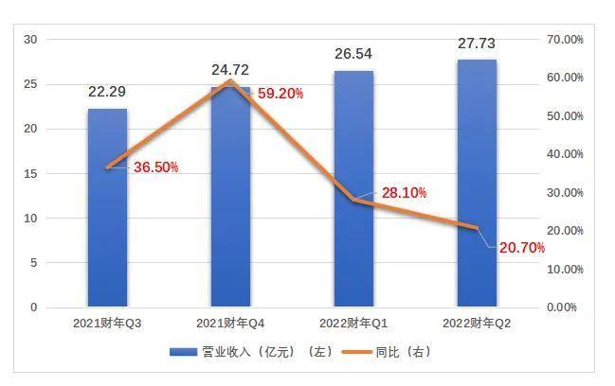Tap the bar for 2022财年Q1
coord(353,189)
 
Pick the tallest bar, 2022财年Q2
coord(477,184)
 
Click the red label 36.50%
coord(155,167)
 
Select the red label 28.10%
coord(404,192)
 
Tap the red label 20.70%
coord(522,248)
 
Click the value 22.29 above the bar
coord(107,92)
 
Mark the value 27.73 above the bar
coord(476,43)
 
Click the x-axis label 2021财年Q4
coord(230,324)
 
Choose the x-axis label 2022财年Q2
coord(477,324)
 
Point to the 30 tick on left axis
coord(30,39)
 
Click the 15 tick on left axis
coord(30,173)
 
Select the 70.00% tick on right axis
coord(565,39)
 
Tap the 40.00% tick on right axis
coord(565,154)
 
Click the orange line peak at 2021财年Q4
coord(230,80)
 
